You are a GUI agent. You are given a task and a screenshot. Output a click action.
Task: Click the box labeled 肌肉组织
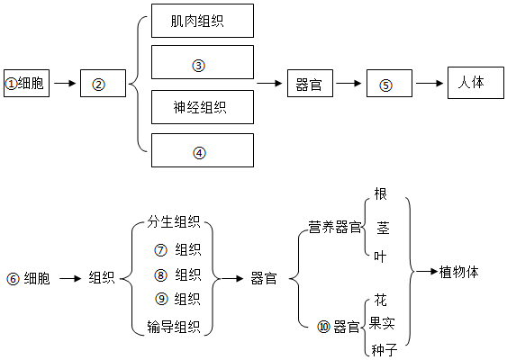203,21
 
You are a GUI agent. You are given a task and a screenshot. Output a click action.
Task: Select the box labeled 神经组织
203,107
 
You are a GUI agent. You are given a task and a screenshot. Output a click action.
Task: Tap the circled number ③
198,66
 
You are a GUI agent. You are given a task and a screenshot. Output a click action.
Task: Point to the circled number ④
199,152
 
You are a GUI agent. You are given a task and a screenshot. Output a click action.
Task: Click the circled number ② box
103,83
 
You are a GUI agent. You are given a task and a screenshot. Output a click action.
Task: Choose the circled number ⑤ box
389,83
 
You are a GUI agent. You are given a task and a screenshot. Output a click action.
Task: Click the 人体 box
475,83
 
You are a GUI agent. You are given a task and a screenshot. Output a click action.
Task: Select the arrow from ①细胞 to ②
65,84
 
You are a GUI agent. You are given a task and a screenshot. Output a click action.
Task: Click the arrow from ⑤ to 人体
430,84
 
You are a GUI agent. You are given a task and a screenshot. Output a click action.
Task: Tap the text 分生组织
174,222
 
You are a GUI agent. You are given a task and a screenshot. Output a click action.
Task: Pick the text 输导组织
174,327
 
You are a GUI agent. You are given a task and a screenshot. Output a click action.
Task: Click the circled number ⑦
160,250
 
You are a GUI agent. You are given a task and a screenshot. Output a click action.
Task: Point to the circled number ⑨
162,299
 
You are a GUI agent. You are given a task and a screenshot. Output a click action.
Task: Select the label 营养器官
335,227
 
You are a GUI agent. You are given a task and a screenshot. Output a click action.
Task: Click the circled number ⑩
323,327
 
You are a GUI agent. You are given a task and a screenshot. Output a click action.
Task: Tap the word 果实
382,323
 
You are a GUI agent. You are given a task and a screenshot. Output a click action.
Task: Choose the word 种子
385,350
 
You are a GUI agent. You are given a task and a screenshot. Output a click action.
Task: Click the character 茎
383,228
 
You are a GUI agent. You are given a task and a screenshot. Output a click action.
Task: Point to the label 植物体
459,272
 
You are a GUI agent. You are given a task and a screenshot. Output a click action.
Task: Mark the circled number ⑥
13,279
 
